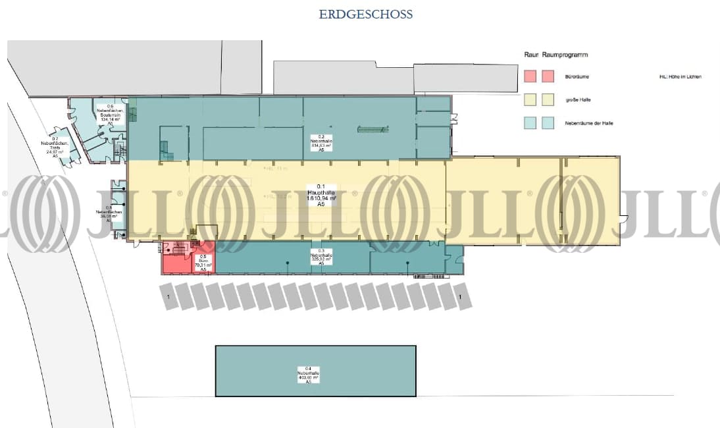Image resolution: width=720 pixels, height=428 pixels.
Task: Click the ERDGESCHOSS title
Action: [x=366, y=14]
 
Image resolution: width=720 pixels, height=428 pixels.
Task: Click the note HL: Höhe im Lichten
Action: [x=680, y=77]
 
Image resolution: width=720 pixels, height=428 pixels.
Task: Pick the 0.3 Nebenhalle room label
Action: [x=322, y=257]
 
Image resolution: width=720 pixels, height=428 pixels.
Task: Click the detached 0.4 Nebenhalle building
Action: [x=316, y=371]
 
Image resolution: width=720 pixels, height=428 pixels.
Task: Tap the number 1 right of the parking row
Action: [x=461, y=298]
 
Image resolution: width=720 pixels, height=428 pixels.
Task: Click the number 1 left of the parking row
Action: [x=168, y=298]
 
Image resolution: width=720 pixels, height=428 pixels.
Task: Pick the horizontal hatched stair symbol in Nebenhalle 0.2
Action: [x=373, y=130]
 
